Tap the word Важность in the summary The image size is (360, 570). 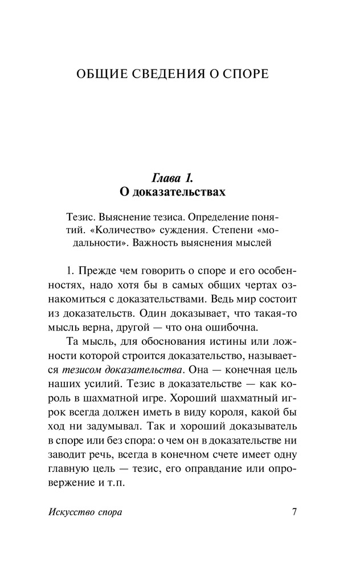(153, 246)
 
